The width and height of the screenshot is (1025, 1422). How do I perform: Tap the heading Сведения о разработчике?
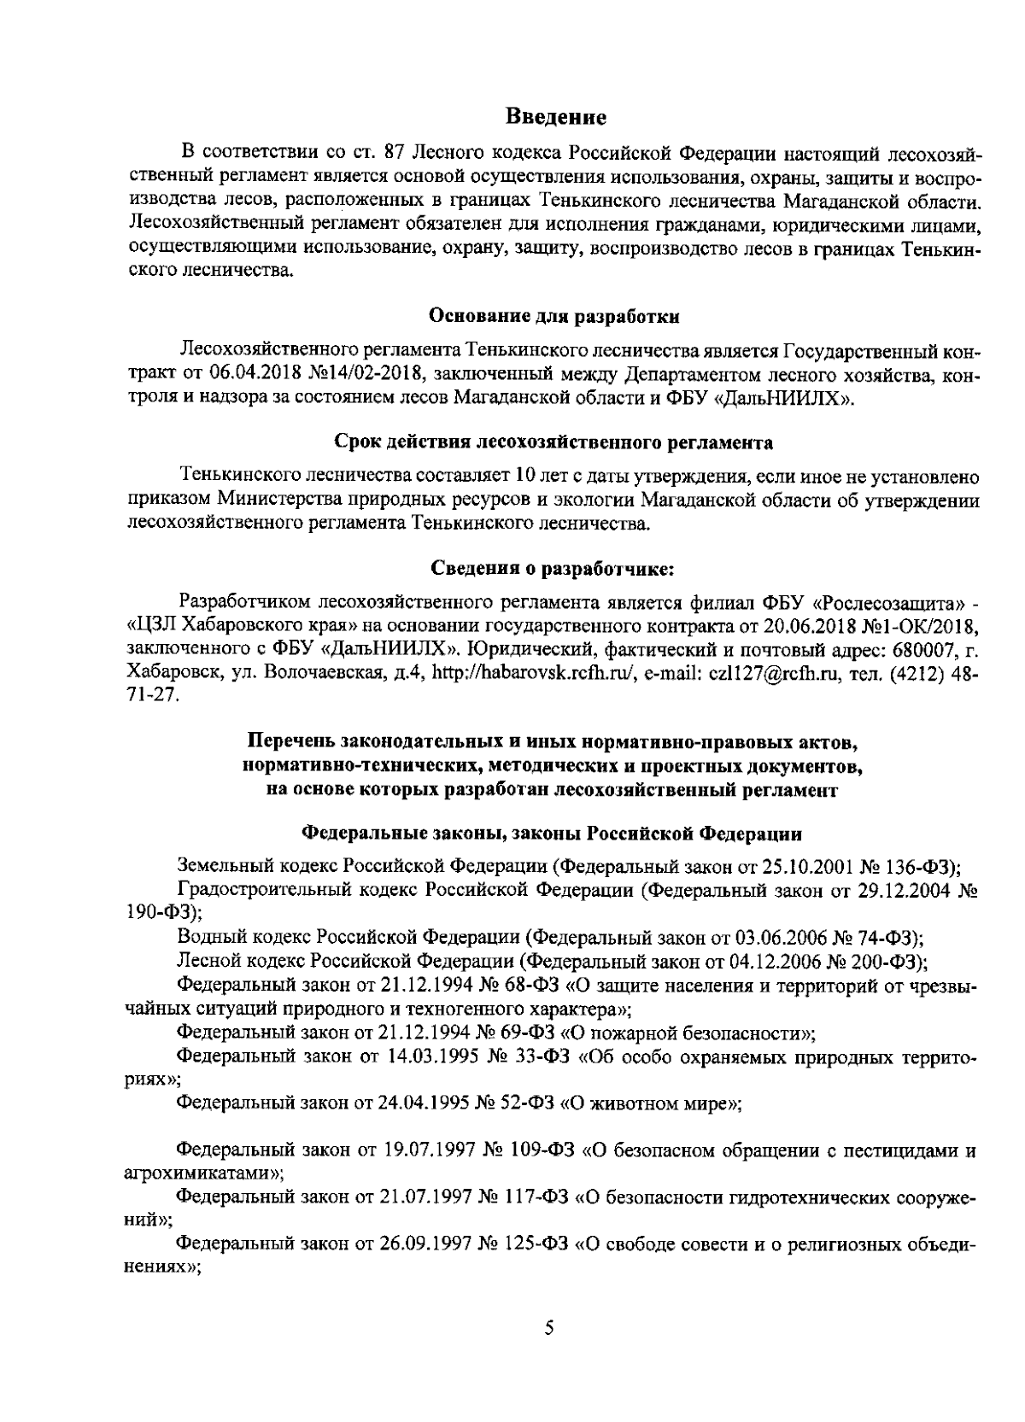pos(553,569)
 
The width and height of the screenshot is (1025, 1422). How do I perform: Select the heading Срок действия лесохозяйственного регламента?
pos(553,443)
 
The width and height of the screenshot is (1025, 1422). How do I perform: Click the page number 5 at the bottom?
pos(549,1327)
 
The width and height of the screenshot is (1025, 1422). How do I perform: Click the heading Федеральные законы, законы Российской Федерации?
pos(553,832)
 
